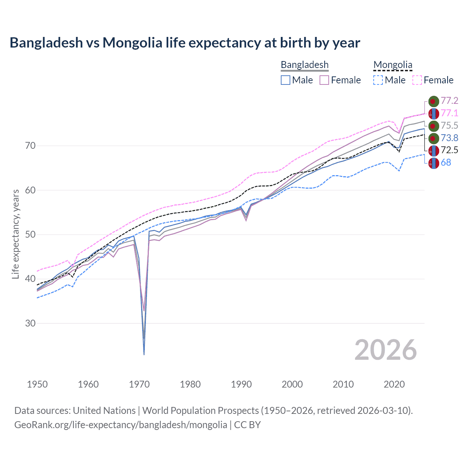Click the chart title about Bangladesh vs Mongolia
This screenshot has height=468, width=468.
[x=185, y=43]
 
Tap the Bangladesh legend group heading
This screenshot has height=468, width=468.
[x=305, y=65]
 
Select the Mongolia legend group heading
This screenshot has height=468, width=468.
[x=393, y=65]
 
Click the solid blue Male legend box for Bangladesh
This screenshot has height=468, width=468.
[x=286, y=80]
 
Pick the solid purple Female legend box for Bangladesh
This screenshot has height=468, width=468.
[x=324, y=80]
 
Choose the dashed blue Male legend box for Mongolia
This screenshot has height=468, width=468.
[x=378, y=80]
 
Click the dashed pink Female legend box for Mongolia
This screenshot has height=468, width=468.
[x=417, y=80]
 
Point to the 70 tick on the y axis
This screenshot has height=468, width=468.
[x=30, y=146]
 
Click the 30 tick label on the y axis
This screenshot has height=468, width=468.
[x=30, y=323]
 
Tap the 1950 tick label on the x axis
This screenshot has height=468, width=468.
[x=37, y=384]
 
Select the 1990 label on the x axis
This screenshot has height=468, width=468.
[x=241, y=384]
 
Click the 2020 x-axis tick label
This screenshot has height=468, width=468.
[x=394, y=384]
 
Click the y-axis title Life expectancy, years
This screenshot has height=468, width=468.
[x=15, y=234]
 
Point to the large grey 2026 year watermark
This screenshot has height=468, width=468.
[x=385, y=350]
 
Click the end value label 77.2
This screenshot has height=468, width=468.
[x=449, y=101]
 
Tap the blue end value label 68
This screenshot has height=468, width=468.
[x=446, y=163]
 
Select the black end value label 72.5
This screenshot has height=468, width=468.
[x=449, y=150]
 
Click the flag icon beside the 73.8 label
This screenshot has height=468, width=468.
[x=433, y=138]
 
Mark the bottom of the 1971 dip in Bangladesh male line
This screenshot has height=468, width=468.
[x=144, y=354]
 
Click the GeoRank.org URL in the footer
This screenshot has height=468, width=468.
[x=121, y=425]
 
